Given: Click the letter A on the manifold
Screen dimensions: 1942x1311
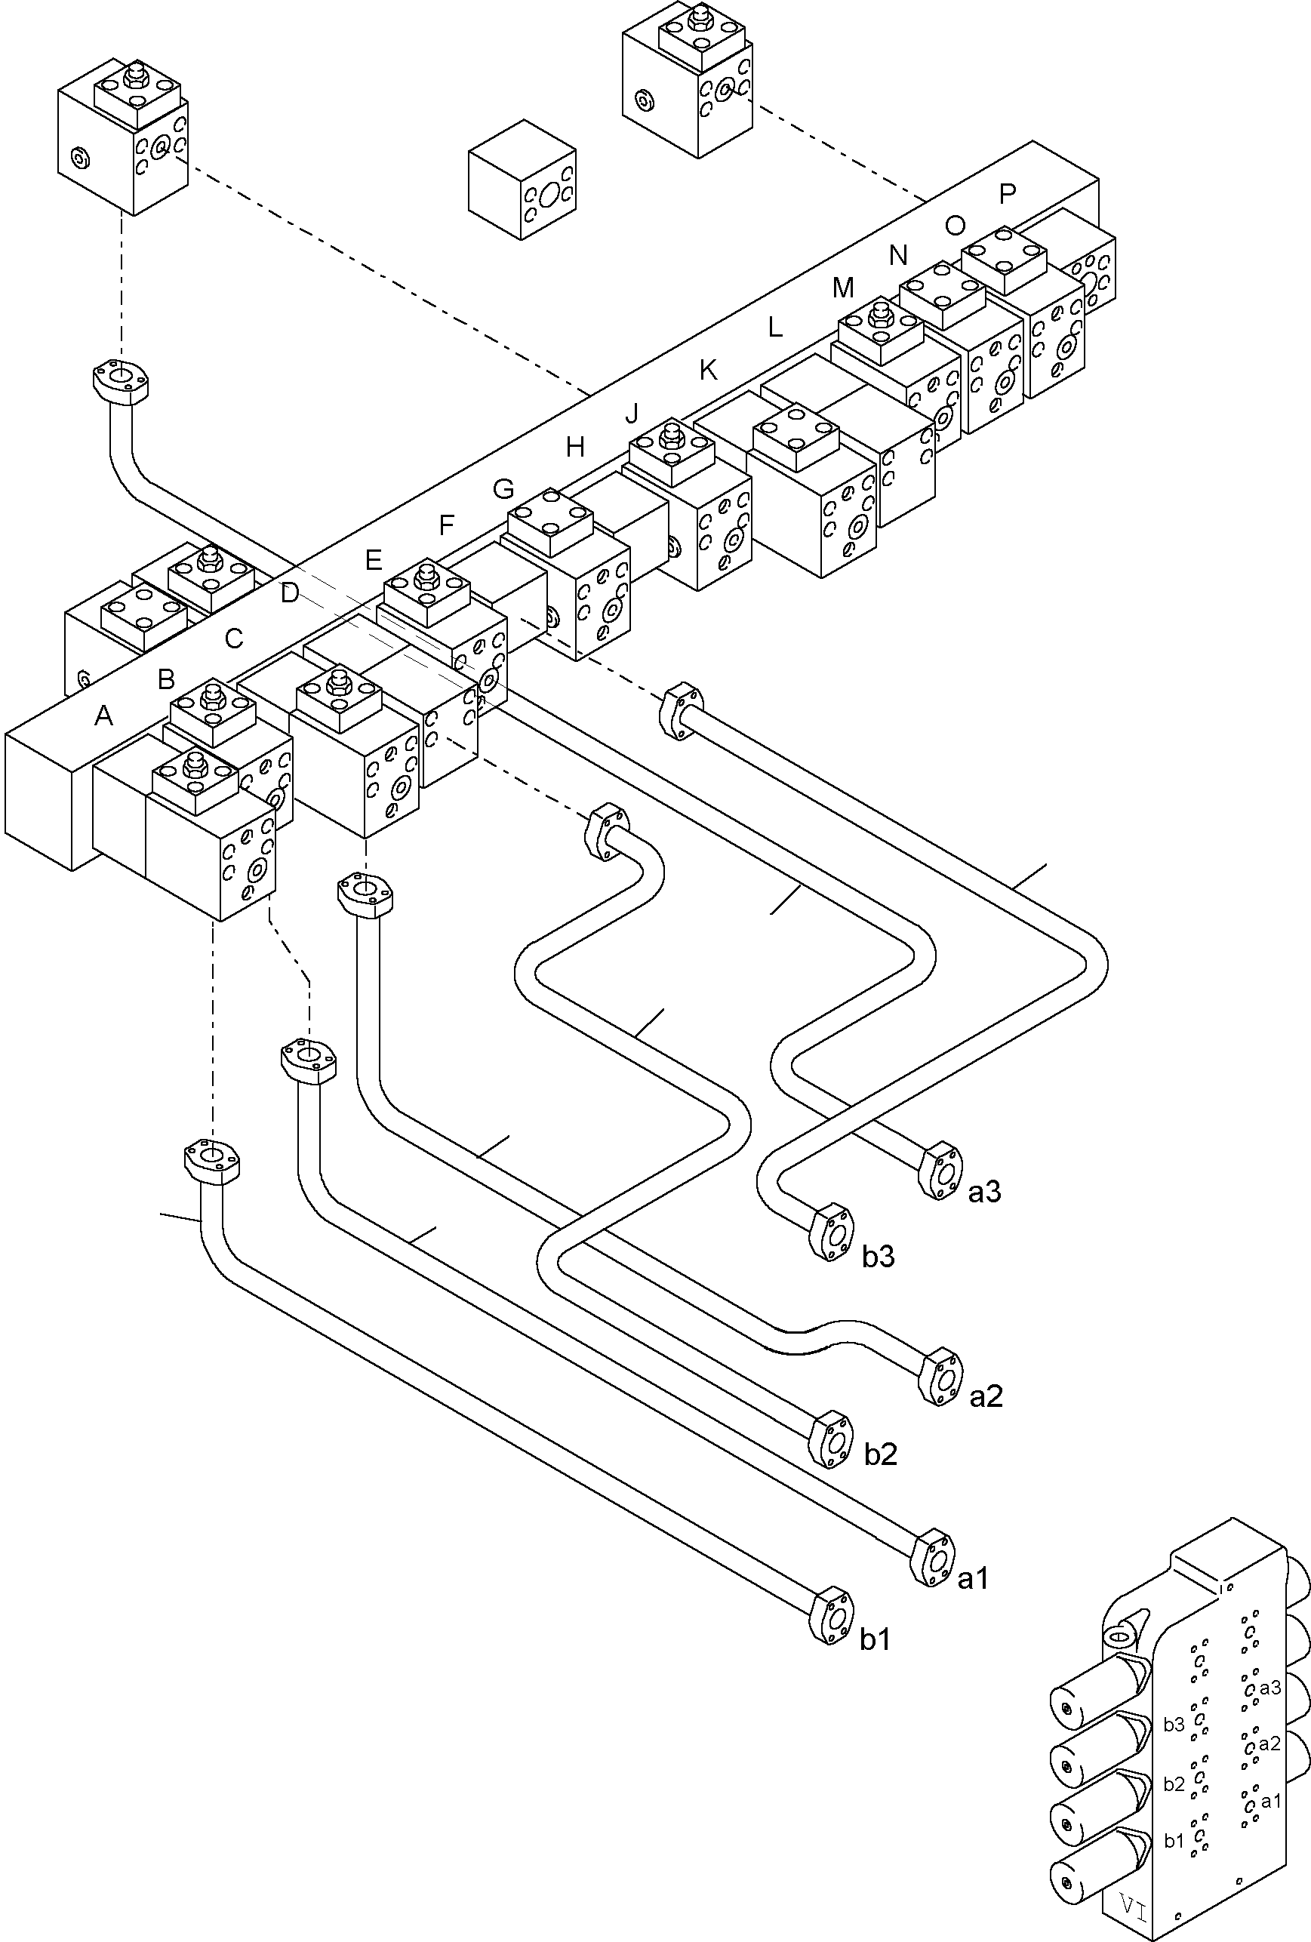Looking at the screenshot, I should [103, 716].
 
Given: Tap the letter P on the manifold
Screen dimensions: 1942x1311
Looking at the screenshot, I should [1008, 194].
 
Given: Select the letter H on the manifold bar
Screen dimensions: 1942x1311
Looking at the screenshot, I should [575, 447].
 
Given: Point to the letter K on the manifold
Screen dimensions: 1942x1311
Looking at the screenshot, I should [708, 370].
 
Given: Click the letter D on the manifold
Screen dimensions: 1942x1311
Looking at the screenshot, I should [289, 593].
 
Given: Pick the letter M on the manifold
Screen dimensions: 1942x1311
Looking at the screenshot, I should [843, 288].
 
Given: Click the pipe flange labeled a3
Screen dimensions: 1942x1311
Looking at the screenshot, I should [940, 1171].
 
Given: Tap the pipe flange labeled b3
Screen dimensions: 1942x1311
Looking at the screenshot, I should [832, 1232].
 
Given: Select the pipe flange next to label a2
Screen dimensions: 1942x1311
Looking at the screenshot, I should [940, 1376].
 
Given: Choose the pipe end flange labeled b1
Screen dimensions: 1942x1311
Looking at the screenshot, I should [832, 1616].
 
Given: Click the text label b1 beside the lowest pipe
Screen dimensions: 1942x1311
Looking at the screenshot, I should [875, 1639].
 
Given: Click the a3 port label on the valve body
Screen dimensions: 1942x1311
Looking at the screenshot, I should [1270, 1687].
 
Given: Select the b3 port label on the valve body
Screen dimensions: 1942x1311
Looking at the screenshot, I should [1174, 1724].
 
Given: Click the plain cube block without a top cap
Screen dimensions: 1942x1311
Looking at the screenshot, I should [522, 179].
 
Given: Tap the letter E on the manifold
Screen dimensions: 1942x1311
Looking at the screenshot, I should [374, 559].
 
